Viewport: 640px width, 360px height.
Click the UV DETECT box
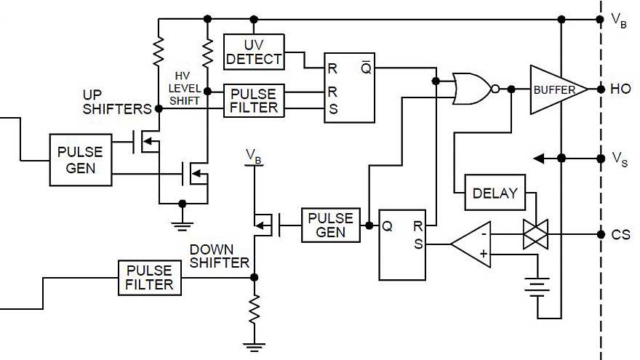pyautogui.click(x=253, y=51)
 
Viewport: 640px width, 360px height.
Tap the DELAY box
pyautogui.click(x=495, y=193)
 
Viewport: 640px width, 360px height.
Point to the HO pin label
pyautogui.click(x=620, y=89)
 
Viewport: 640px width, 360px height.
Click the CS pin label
pyautogui.click(x=620, y=234)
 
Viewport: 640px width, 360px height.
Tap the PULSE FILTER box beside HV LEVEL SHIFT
pyautogui.click(x=253, y=100)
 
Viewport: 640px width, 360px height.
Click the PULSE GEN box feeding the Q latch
pyautogui.click(x=331, y=225)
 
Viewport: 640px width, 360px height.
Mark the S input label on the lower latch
pyautogui.click(x=417, y=244)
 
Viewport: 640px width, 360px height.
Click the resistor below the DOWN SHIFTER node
pyautogui.click(x=254, y=311)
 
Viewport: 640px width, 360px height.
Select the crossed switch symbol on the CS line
pyautogui.click(x=536, y=234)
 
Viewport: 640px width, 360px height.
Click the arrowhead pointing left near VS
pyautogui.click(x=539, y=158)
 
